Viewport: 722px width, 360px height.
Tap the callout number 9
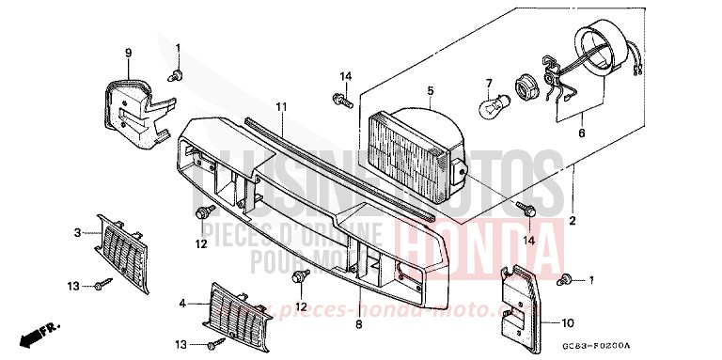pyautogui.click(x=129, y=53)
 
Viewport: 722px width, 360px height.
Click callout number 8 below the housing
pyautogui.click(x=359, y=324)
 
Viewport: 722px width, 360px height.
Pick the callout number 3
pyautogui.click(x=78, y=230)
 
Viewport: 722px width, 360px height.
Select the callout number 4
pyautogui.click(x=183, y=304)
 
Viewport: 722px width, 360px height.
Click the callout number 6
pyautogui.click(x=580, y=134)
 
